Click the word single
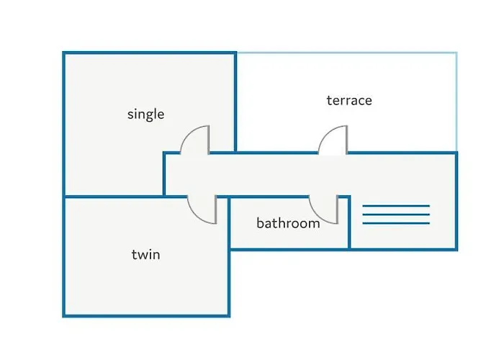[x=145, y=114]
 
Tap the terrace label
[x=349, y=100]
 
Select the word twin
[x=145, y=255]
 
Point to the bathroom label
[x=288, y=223]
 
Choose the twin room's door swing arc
[x=197, y=216]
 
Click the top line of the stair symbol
[x=396, y=206]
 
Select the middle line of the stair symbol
[x=396, y=215]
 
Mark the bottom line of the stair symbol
[x=396, y=223]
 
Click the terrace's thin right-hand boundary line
[x=456, y=102]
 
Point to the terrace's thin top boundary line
[x=347, y=53]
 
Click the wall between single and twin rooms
[x=114, y=196]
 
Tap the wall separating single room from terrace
[x=235, y=102]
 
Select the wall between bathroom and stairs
[x=349, y=222]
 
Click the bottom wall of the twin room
[x=146, y=315]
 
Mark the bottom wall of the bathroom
[x=289, y=249]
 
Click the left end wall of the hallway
[x=164, y=174]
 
